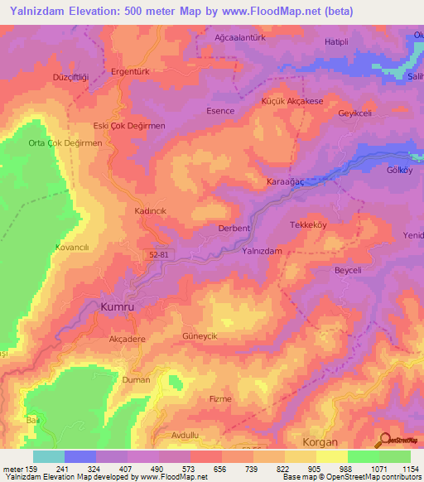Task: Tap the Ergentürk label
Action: tap(123, 72)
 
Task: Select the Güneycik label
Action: tap(199, 337)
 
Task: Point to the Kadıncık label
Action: tap(151, 211)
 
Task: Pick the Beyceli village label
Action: tap(325, 271)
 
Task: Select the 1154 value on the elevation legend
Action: tap(410, 469)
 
